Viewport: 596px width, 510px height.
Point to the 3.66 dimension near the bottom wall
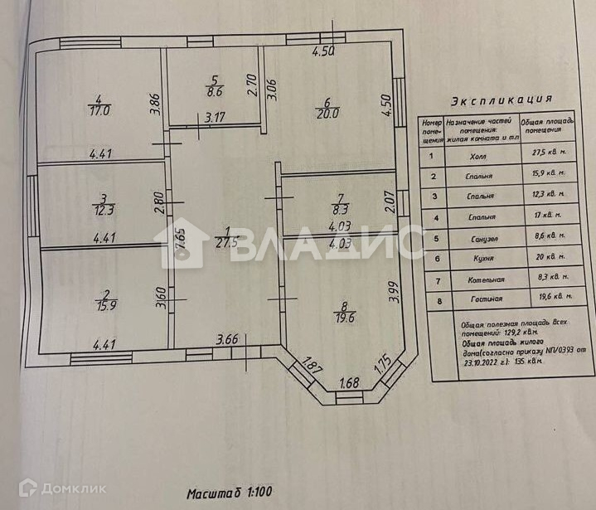227,338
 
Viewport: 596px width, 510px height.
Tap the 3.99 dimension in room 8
393,294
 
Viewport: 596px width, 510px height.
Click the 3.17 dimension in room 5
216,117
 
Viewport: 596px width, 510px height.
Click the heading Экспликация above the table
496,101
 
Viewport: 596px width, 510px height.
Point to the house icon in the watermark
191,242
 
